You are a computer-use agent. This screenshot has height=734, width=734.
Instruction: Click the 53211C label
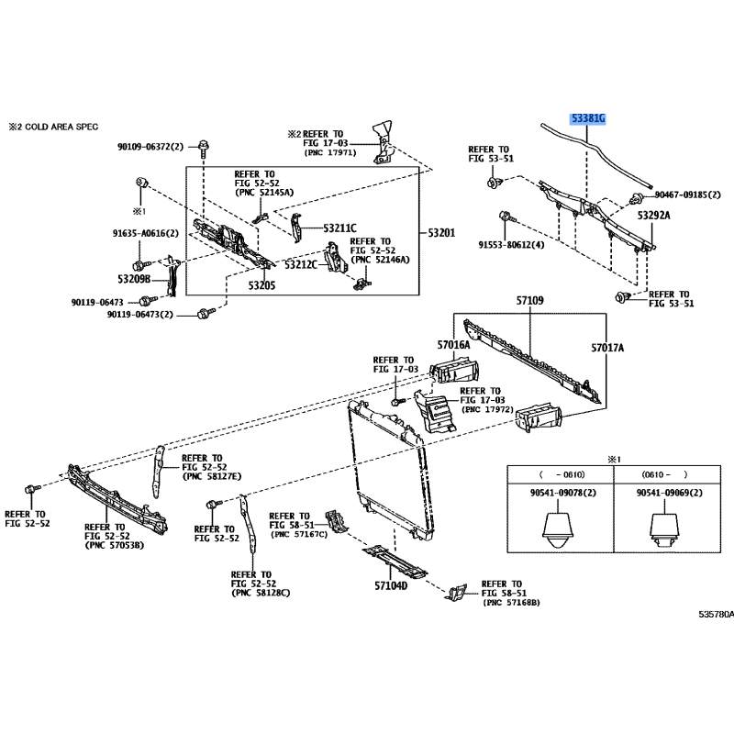tap(339, 228)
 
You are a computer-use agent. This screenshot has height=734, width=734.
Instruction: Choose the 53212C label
tap(300, 265)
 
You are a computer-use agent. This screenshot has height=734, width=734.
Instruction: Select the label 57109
tap(529, 301)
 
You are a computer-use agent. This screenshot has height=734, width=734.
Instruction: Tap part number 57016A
tap(453, 345)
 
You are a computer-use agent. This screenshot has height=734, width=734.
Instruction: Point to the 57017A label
tap(607, 348)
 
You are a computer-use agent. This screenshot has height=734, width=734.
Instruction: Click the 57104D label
tap(390, 585)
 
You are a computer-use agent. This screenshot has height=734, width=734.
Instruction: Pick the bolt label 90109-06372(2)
tap(150, 146)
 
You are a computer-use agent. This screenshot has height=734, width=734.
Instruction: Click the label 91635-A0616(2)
tap(145, 233)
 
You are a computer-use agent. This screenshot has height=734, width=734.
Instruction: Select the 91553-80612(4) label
tap(511, 245)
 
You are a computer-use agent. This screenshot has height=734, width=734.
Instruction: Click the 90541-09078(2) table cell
tap(562, 493)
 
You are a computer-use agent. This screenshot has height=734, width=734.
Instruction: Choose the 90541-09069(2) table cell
tap(669, 493)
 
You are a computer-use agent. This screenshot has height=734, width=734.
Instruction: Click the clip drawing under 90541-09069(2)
tap(668, 528)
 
